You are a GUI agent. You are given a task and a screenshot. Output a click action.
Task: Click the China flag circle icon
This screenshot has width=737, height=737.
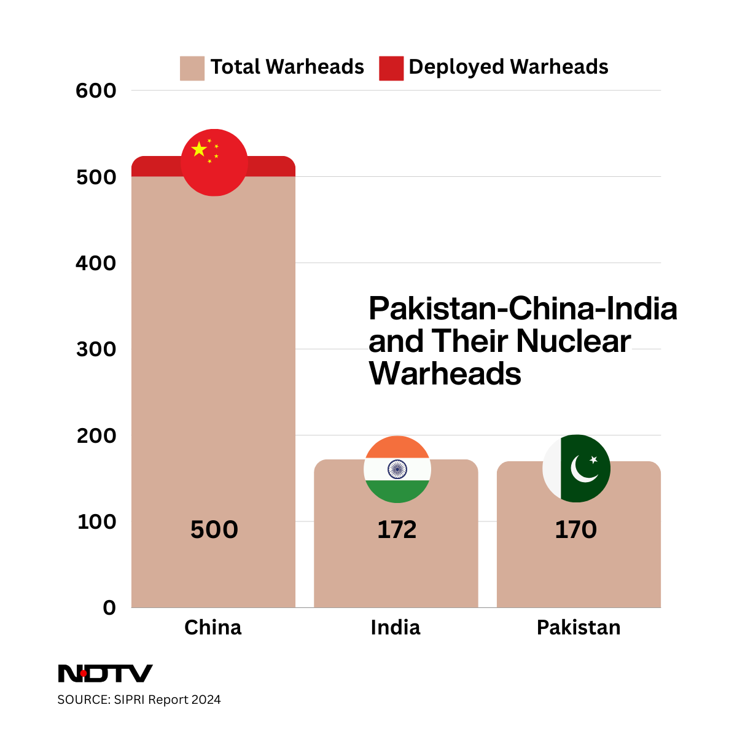tap(214, 163)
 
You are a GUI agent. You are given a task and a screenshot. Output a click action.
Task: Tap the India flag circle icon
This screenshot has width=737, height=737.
tap(397, 469)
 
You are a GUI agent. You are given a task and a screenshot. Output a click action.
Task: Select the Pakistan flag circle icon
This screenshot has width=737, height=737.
tap(577, 468)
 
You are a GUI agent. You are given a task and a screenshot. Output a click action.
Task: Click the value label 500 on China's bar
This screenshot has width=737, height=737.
tap(214, 529)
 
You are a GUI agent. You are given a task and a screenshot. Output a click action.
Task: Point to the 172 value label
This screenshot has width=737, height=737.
tap(397, 529)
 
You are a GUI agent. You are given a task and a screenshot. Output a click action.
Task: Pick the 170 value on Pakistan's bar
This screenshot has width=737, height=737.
tap(575, 529)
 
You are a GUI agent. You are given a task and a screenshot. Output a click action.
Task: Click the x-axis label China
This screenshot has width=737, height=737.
tap(213, 627)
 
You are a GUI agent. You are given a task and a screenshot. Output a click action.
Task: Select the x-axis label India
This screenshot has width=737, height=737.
tap(396, 627)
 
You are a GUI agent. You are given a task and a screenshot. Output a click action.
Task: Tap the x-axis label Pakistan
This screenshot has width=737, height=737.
tap(579, 627)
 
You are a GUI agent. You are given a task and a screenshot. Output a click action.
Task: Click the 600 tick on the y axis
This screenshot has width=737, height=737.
tap(96, 91)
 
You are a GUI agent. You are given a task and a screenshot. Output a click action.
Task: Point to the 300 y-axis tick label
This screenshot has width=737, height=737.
tap(96, 349)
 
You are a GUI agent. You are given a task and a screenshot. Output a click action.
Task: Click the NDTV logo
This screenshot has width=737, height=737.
tap(105, 673)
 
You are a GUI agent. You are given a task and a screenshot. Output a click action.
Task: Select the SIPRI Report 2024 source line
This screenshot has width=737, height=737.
tap(139, 700)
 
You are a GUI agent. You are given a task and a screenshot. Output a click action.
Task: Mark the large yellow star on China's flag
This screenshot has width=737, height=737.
tap(199, 149)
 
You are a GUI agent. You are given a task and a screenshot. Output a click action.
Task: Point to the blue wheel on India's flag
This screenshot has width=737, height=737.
tap(397, 470)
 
